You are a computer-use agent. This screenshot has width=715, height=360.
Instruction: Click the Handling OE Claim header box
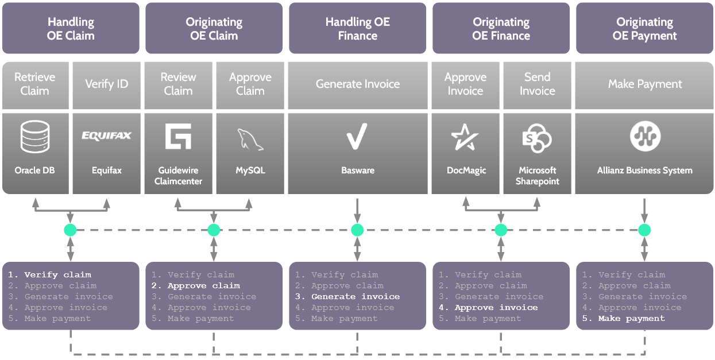pyautogui.click(x=71, y=29)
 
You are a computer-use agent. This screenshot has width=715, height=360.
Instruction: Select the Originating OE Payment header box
pyautogui.click(x=644, y=29)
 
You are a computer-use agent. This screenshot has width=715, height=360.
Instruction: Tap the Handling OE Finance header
pyautogui.click(x=357, y=29)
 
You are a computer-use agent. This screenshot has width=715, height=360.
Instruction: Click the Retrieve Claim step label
pyautogui.click(x=35, y=84)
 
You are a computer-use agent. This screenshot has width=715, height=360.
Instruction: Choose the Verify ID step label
pyautogui.click(x=107, y=84)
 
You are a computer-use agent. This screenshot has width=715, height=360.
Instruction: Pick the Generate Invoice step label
pyautogui.click(x=357, y=84)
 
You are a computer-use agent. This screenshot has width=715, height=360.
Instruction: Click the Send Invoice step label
pyautogui.click(x=537, y=84)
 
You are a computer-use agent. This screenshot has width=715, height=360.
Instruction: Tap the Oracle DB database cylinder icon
pyautogui.click(x=35, y=137)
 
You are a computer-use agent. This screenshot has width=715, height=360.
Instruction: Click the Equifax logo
pyautogui.click(x=107, y=136)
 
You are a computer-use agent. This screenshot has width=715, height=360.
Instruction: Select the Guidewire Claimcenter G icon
pyautogui.click(x=178, y=137)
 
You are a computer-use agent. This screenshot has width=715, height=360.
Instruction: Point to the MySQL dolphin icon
pyautogui.click(x=250, y=139)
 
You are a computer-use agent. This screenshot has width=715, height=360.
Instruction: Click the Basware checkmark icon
pyautogui.click(x=357, y=137)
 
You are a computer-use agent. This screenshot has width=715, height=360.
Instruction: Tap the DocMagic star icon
pyautogui.click(x=465, y=137)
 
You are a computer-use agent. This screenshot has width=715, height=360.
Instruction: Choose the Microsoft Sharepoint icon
pyautogui.click(x=537, y=138)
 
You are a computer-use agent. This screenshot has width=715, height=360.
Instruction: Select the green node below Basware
pyautogui.click(x=357, y=230)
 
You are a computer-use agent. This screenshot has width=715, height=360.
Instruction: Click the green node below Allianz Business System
pyautogui.click(x=644, y=230)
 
